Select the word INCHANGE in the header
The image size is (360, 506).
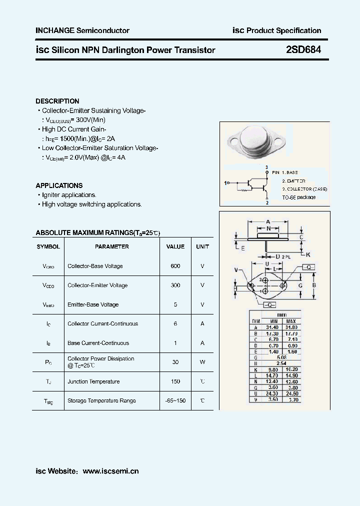pyautogui.click(x=54, y=30)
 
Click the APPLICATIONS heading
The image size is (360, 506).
pyautogui.click(x=59, y=185)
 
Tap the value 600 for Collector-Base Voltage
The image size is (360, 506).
pyautogui.click(x=175, y=266)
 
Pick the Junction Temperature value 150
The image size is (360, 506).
pyautogui.click(x=175, y=381)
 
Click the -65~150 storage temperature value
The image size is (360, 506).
pyautogui.click(x=175, y=400)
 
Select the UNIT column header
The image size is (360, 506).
pyautogui.click(x=202, y=246)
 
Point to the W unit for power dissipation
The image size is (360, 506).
pyautogui.click(x=202, y=362)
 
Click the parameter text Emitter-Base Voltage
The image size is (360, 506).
pyautogui.click(x=93, y=304)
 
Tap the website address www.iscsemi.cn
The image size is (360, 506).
pyautogui.click(x=110, y=471)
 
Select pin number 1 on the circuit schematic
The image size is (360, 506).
pyautogui.click(x=226, y=183)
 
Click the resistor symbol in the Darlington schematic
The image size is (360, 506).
pyautogui.click(x=244, y=189)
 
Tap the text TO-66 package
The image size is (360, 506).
pyautogui.click(x=298, y=197)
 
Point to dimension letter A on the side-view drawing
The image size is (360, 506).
pyautogui.click(x=268, y=221)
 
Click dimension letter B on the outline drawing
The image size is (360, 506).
pyautogui.click(x=313, y=285)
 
